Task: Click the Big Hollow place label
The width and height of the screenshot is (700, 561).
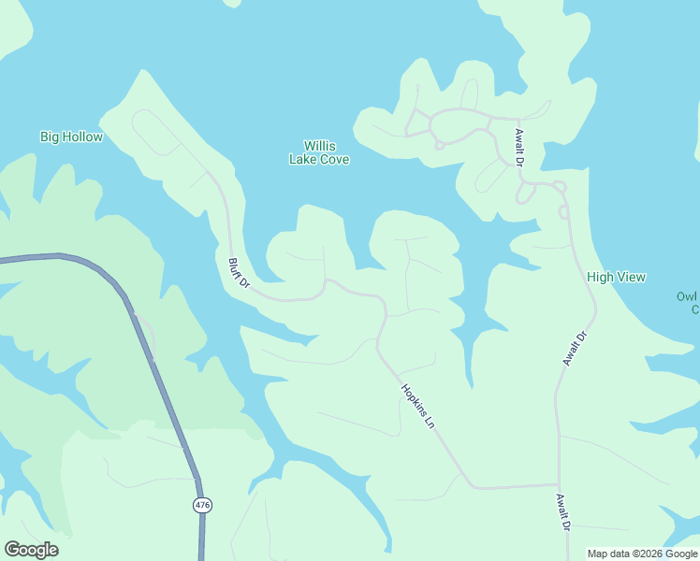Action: tap(71, 137)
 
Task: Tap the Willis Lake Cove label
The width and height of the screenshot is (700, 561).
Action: tap(319, 152)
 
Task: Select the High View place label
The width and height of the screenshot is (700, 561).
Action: tap(616, 277)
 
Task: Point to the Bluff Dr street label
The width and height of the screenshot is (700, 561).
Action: tap(240, 273)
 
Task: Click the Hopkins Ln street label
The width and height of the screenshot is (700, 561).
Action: tap(418, 406)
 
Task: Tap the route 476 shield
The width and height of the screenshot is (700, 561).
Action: tap(202, 505)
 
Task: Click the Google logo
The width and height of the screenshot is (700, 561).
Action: tap(31, 550)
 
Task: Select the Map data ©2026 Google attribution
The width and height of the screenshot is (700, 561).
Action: tap(643, 554)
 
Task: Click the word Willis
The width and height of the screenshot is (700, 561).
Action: tap(319, 146)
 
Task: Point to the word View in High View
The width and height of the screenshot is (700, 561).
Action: tap(631, 277)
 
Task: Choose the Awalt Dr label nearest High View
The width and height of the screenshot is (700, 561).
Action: tap(575, 348)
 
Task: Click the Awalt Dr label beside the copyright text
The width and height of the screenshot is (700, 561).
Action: tap(562, 512)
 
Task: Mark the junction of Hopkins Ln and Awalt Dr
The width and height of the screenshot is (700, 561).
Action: tap(558, 485)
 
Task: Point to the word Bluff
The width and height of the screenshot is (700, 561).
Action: tap(235, 267)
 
